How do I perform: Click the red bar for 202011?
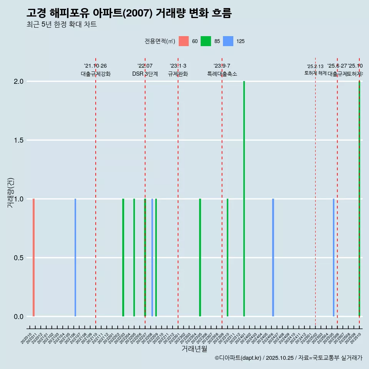[34, 258]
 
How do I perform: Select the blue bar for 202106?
[75, 258]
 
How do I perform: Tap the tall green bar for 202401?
[244, 199]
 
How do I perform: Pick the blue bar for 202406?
[273, 258]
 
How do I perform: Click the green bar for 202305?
[200, 258]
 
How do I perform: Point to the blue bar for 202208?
[152, 258]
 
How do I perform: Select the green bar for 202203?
[123, 258]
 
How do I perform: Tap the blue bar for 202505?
[333, 258]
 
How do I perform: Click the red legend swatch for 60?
[184, 41]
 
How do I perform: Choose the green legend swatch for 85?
[206, 41]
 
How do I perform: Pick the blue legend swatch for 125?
[228, 41]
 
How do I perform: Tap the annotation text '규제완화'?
[178, 74]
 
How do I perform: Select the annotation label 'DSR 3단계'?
[145, 74]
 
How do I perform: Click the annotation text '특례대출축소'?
[222, 74]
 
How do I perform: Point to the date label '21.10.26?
[95, 66]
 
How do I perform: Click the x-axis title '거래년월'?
[194, 349]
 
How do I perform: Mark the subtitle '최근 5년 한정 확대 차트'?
[61, 25]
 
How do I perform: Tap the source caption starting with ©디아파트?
[288, 358]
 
